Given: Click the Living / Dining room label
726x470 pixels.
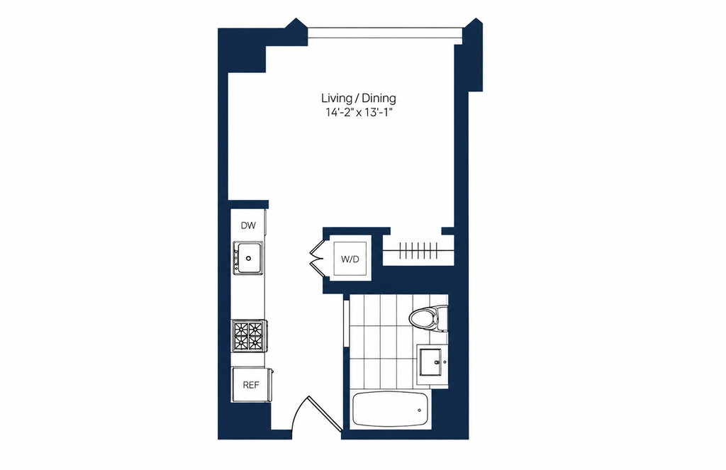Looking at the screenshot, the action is [359, 98].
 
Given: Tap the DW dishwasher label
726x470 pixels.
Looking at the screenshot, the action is [248, 225].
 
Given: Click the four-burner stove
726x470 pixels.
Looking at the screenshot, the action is [249, 336].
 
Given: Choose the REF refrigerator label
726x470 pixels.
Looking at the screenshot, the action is [251, 385].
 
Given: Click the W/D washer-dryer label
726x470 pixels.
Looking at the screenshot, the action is [350, 259].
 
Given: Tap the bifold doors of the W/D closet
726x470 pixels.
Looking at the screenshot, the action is [318, 257].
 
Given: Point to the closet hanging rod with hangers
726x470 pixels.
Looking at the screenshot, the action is [418, 251].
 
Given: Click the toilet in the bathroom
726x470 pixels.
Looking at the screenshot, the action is [428, 318].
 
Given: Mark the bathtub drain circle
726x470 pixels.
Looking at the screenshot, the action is [420, 410].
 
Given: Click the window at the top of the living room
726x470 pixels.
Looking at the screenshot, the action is [385, 33].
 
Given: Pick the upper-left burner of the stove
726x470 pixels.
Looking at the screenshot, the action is [241, 329].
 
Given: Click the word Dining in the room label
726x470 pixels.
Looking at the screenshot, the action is [379, 98].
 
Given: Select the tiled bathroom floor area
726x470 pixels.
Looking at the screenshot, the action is [383, 342].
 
